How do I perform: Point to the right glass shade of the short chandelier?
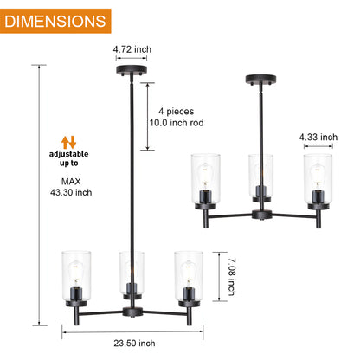[x=316, y=178]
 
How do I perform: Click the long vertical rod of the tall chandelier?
[x=132, y=173]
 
